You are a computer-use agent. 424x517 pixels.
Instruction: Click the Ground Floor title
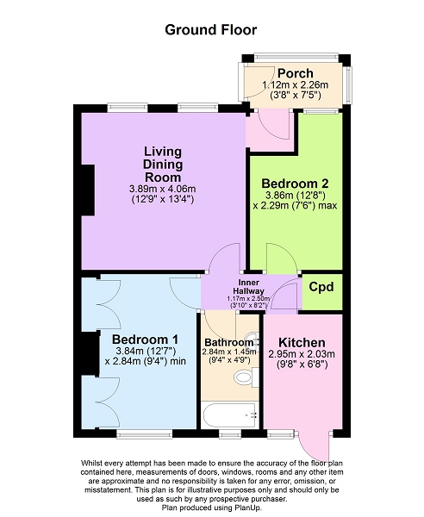(x=210, y=30)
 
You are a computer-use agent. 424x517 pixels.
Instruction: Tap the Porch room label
(x=295, y=73)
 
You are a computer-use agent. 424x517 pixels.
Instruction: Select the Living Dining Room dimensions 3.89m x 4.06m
(x=163, y=189)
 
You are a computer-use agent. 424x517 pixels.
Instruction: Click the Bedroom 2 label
(x=295, y=184)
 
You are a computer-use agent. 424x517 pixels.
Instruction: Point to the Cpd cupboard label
(x=321, y=287)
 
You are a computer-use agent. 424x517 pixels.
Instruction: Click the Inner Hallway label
(x=248, y=287)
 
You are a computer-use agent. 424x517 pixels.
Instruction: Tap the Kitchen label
(x=302, y=343)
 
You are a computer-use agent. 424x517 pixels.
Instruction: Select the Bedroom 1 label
(x=145, y=339)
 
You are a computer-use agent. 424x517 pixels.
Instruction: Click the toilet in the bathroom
(x=246, y=377)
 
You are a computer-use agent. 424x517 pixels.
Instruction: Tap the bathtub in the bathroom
(x=229, y=415)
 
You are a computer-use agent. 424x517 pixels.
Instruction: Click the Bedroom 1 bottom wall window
(x=145, y=434)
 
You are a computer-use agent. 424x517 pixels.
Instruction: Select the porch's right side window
(x=348, y=85)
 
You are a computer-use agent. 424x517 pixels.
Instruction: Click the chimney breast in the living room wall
(x=88, y=190)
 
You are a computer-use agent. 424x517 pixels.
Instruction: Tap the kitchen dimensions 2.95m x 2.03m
(x=302, y=354)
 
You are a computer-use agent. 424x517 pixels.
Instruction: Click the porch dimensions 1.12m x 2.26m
(x=295, y=85)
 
